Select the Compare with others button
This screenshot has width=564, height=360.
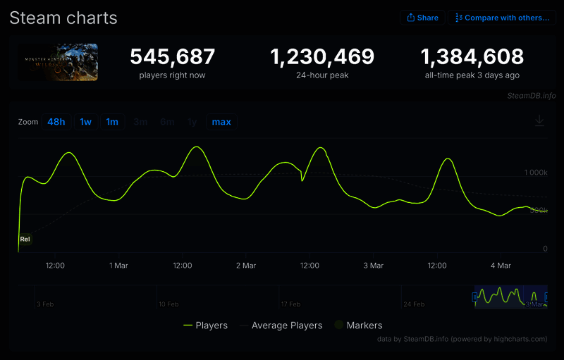pyautogui.click(x=501, y=18)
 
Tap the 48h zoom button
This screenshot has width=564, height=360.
pyautogui.click(x=56, y=122)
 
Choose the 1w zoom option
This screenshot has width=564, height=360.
pyautogui.click(x=85, y=122)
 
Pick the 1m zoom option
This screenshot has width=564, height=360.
pyautogui.click(x=112, y=122)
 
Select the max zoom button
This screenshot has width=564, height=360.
pyautogui.click(x=221, y=122)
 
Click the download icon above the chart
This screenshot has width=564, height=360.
pyautogui.click(x=539, y=121)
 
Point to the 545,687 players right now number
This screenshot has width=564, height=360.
pyautogui.click(x=173, y=57)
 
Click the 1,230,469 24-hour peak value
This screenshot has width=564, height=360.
pyautogui.click(x=323, y=57)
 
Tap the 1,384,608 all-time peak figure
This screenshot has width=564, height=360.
pyautogui.click(x=472, y=57)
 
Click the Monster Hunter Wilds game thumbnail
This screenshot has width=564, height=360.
pyautogui.click(x=59, y=62)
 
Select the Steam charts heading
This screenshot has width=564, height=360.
pyautogui.click(x=63, y=18)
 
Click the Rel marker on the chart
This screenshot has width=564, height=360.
pyautogui.click(x=25, y=240)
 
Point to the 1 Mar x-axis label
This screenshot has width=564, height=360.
pyautogui.click(x=118, y=266)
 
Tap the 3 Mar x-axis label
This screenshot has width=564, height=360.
pyautogui.click(x=373, y=266)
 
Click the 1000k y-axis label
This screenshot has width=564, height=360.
pyautogui.click(x=536, y=173)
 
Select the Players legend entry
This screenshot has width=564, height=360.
pyautogui.click(x=205, y=325)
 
